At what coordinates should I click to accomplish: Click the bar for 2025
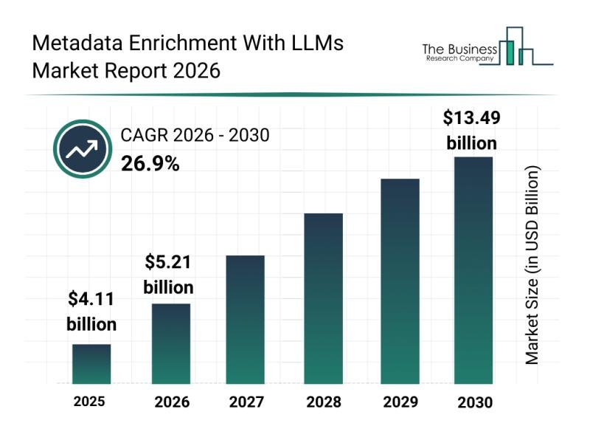click(x=91, y=364)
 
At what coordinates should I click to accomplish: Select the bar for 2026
click(x=171, y=343)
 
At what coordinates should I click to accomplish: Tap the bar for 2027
click(x=245, y=319)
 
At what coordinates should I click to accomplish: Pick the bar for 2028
click(x=324, y=298)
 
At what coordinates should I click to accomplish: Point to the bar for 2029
click(x=400, y=281)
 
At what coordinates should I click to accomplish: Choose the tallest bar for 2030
click(x=473, y=270)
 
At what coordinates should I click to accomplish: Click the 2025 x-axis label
click(x=89, y=402)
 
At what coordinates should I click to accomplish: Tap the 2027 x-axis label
click(x=246, y=402)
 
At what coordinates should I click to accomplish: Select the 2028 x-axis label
click(x=324, y=402)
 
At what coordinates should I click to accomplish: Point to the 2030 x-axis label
click(x=473, y=402)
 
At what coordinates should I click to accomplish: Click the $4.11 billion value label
click(x=91, y=311)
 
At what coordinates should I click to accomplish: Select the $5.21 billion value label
click(x=168, y=273)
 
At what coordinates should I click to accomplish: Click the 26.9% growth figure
click(x=150, y=164)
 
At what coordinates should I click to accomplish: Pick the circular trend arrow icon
click(x=81, y=150)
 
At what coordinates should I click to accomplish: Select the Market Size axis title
click(x=532, y=264)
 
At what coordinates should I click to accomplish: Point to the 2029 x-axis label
click(x=399, y=402)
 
